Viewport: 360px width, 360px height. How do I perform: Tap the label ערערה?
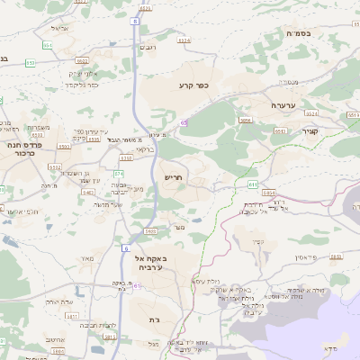click(x=285, y=105)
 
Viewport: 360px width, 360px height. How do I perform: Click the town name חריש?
click(x=173, y=178)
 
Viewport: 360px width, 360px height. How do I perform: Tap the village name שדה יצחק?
click(x=60, y=301)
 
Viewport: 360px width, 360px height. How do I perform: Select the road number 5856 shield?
click(x=245, y=119)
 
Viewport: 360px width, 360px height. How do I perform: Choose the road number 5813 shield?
click(x=280, y=131)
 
